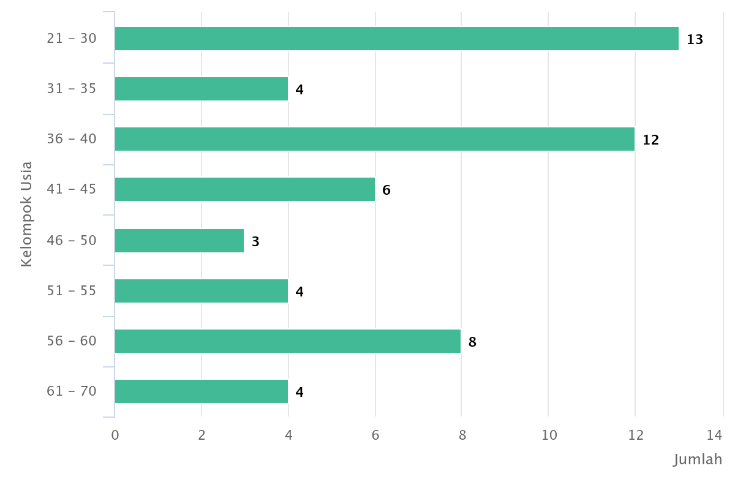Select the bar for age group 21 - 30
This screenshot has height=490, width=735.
pos(396,39)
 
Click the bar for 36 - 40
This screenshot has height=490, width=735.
pos(374,139)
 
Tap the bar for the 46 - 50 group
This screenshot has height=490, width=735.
pos(179,241)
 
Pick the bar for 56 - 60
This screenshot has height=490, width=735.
pos(287,341)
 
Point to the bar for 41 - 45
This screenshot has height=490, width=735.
pos(244,189)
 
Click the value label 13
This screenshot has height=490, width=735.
pos(695,40)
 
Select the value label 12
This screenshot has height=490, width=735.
pos(650,140)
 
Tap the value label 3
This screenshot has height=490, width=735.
pos(255,242)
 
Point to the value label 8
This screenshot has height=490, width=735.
pos(472,342)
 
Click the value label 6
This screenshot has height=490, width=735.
pos(386,190)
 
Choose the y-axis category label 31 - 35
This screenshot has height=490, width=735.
pos(72,89)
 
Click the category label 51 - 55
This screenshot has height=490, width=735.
pos(72,290)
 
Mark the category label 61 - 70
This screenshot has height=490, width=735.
pos(72,391)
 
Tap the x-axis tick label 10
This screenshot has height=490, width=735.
pos(549,435)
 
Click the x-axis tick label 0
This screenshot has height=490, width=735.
pos(115,435)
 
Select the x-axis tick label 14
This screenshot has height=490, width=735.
pos(714,435)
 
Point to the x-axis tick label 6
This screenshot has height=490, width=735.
pos(375,435)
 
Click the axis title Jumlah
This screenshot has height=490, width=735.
pos(698,459)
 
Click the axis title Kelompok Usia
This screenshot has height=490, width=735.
pos(26,214)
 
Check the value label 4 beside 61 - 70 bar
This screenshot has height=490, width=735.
pos(299,393)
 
